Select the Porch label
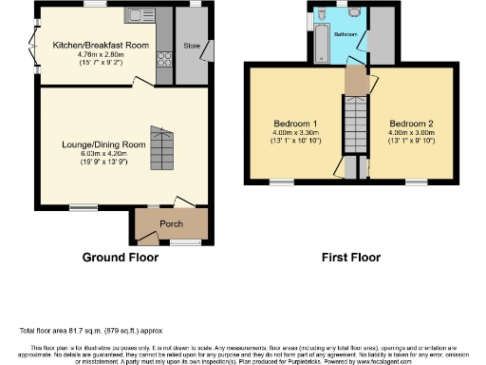tap(171, 225)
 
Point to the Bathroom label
tap(345, 34)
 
